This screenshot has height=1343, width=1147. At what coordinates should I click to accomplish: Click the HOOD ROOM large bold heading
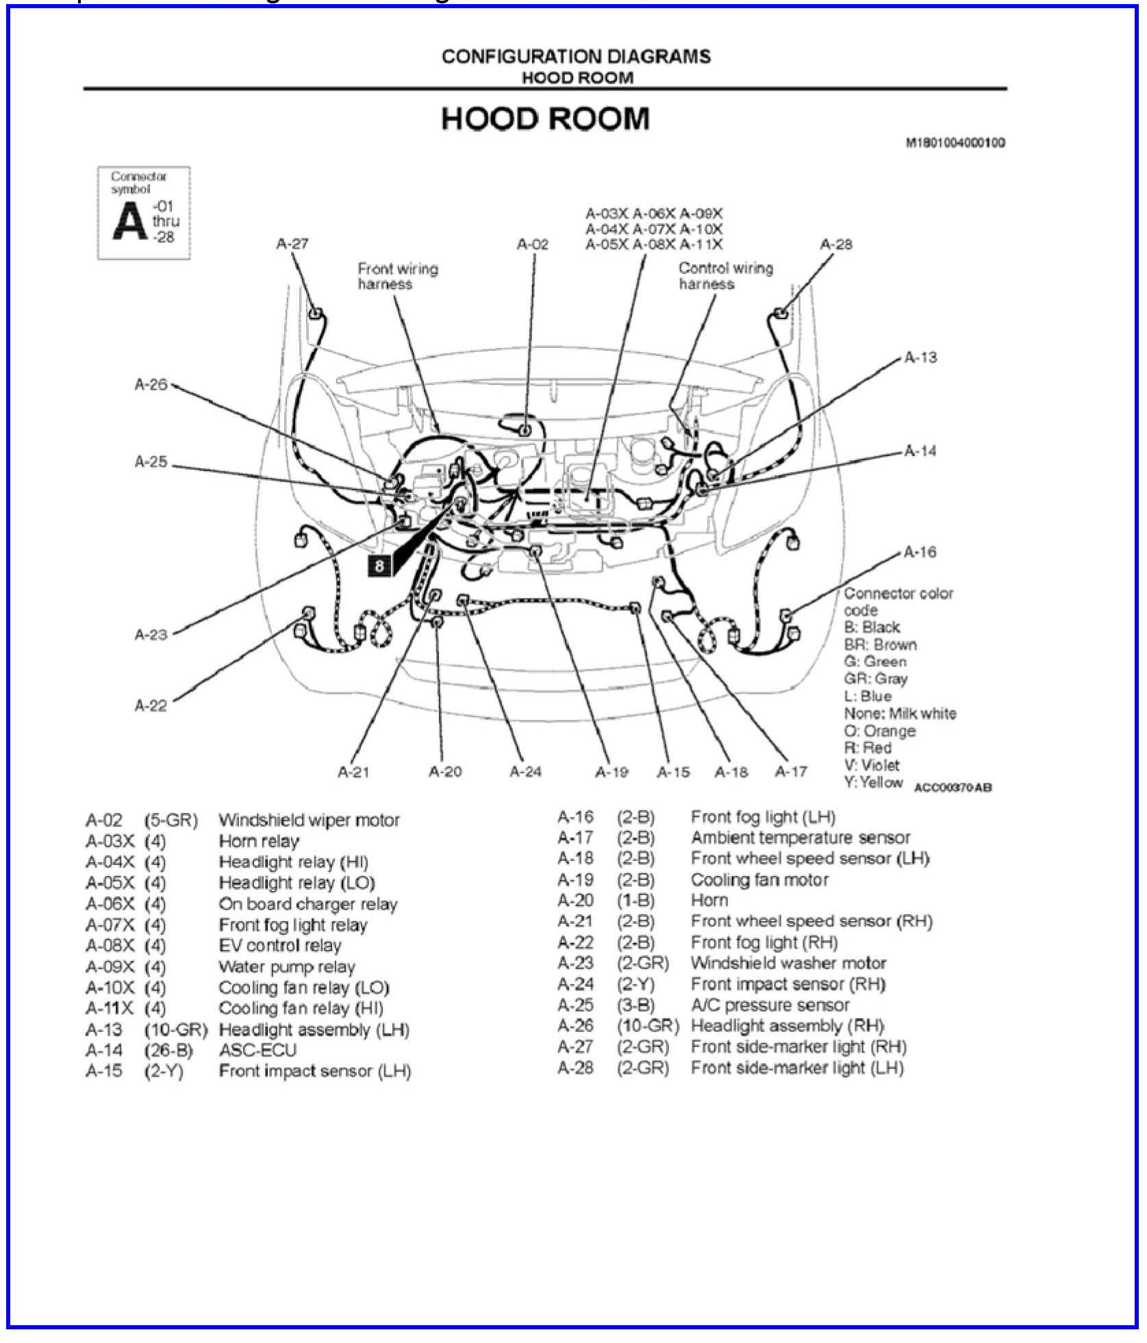click(x=544, y=119)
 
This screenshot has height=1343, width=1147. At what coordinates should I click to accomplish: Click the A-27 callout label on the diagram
click(x=292, y=244)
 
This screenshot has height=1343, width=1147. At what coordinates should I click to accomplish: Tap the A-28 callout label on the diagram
click(x=835, y=244)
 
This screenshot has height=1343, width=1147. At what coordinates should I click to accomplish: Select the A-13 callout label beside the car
click(x=920, y=357)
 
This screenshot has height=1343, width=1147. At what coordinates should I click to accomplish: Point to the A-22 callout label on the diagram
click(x=151, y=705)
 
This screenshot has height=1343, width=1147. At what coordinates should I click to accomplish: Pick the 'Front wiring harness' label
click(x=397, y=276)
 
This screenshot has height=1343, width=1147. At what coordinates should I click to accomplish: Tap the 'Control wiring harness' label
click(x=725, y=276)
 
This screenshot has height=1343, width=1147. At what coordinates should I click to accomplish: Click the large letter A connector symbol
click(x=129, y=222)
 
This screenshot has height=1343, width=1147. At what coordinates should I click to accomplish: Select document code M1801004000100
click(x=955, y=143)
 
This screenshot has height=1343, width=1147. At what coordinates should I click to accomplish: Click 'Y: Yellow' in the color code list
click(x=873, y=782)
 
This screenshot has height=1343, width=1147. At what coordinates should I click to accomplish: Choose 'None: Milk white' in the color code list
click(x=899, y=713)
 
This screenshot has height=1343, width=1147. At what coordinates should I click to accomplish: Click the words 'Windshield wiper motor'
click(x=309, y=820)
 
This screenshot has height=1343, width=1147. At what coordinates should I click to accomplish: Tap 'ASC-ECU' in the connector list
click(x=257, y=1050)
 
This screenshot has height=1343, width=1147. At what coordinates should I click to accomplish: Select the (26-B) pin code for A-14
click(x=168, y=1050)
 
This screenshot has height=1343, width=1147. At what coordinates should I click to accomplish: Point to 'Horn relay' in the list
click(x=259, y=841)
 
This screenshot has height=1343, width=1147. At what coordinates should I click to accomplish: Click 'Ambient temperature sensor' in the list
click(x=800, y=838)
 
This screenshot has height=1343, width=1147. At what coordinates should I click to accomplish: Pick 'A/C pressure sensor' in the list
click(x=770, y=1005)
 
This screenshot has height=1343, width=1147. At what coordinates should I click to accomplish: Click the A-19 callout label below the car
click(x=611, y=772)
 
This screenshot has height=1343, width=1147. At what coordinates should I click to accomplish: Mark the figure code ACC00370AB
click(x=953, y=788)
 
